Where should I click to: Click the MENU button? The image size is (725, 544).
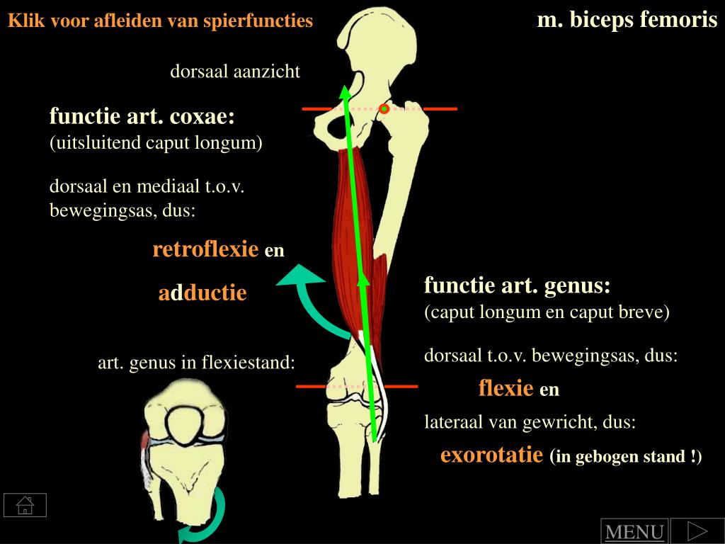(x=634, y=532)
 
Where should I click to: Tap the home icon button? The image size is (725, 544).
(x=25, y=505)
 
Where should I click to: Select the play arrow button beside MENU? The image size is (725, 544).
(x=697, y=531)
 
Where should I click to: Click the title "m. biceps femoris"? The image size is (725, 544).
(x=627, y=20)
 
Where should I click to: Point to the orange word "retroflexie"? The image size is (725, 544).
(x=205, y=249)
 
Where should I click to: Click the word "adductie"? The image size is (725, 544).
(x=202, y=293)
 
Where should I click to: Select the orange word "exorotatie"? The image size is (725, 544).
(x=493, y=455)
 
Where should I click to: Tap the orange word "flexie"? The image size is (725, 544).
(x=506, y=388)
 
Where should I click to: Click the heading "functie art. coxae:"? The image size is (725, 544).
(x=142, y=115)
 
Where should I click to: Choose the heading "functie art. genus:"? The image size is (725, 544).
(x=517, y=286)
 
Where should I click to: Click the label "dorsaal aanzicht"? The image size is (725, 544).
(x=235, y=72)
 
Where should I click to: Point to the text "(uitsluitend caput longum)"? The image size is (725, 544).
(x=156, y=143)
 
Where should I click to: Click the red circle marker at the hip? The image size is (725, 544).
(x=384, y=108)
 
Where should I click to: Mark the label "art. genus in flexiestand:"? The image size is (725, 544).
(x=196, y=363)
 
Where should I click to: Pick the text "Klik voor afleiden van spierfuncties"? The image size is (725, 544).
(x=160, y=21)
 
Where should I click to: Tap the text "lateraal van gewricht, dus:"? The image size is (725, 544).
(x=530, y=423)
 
